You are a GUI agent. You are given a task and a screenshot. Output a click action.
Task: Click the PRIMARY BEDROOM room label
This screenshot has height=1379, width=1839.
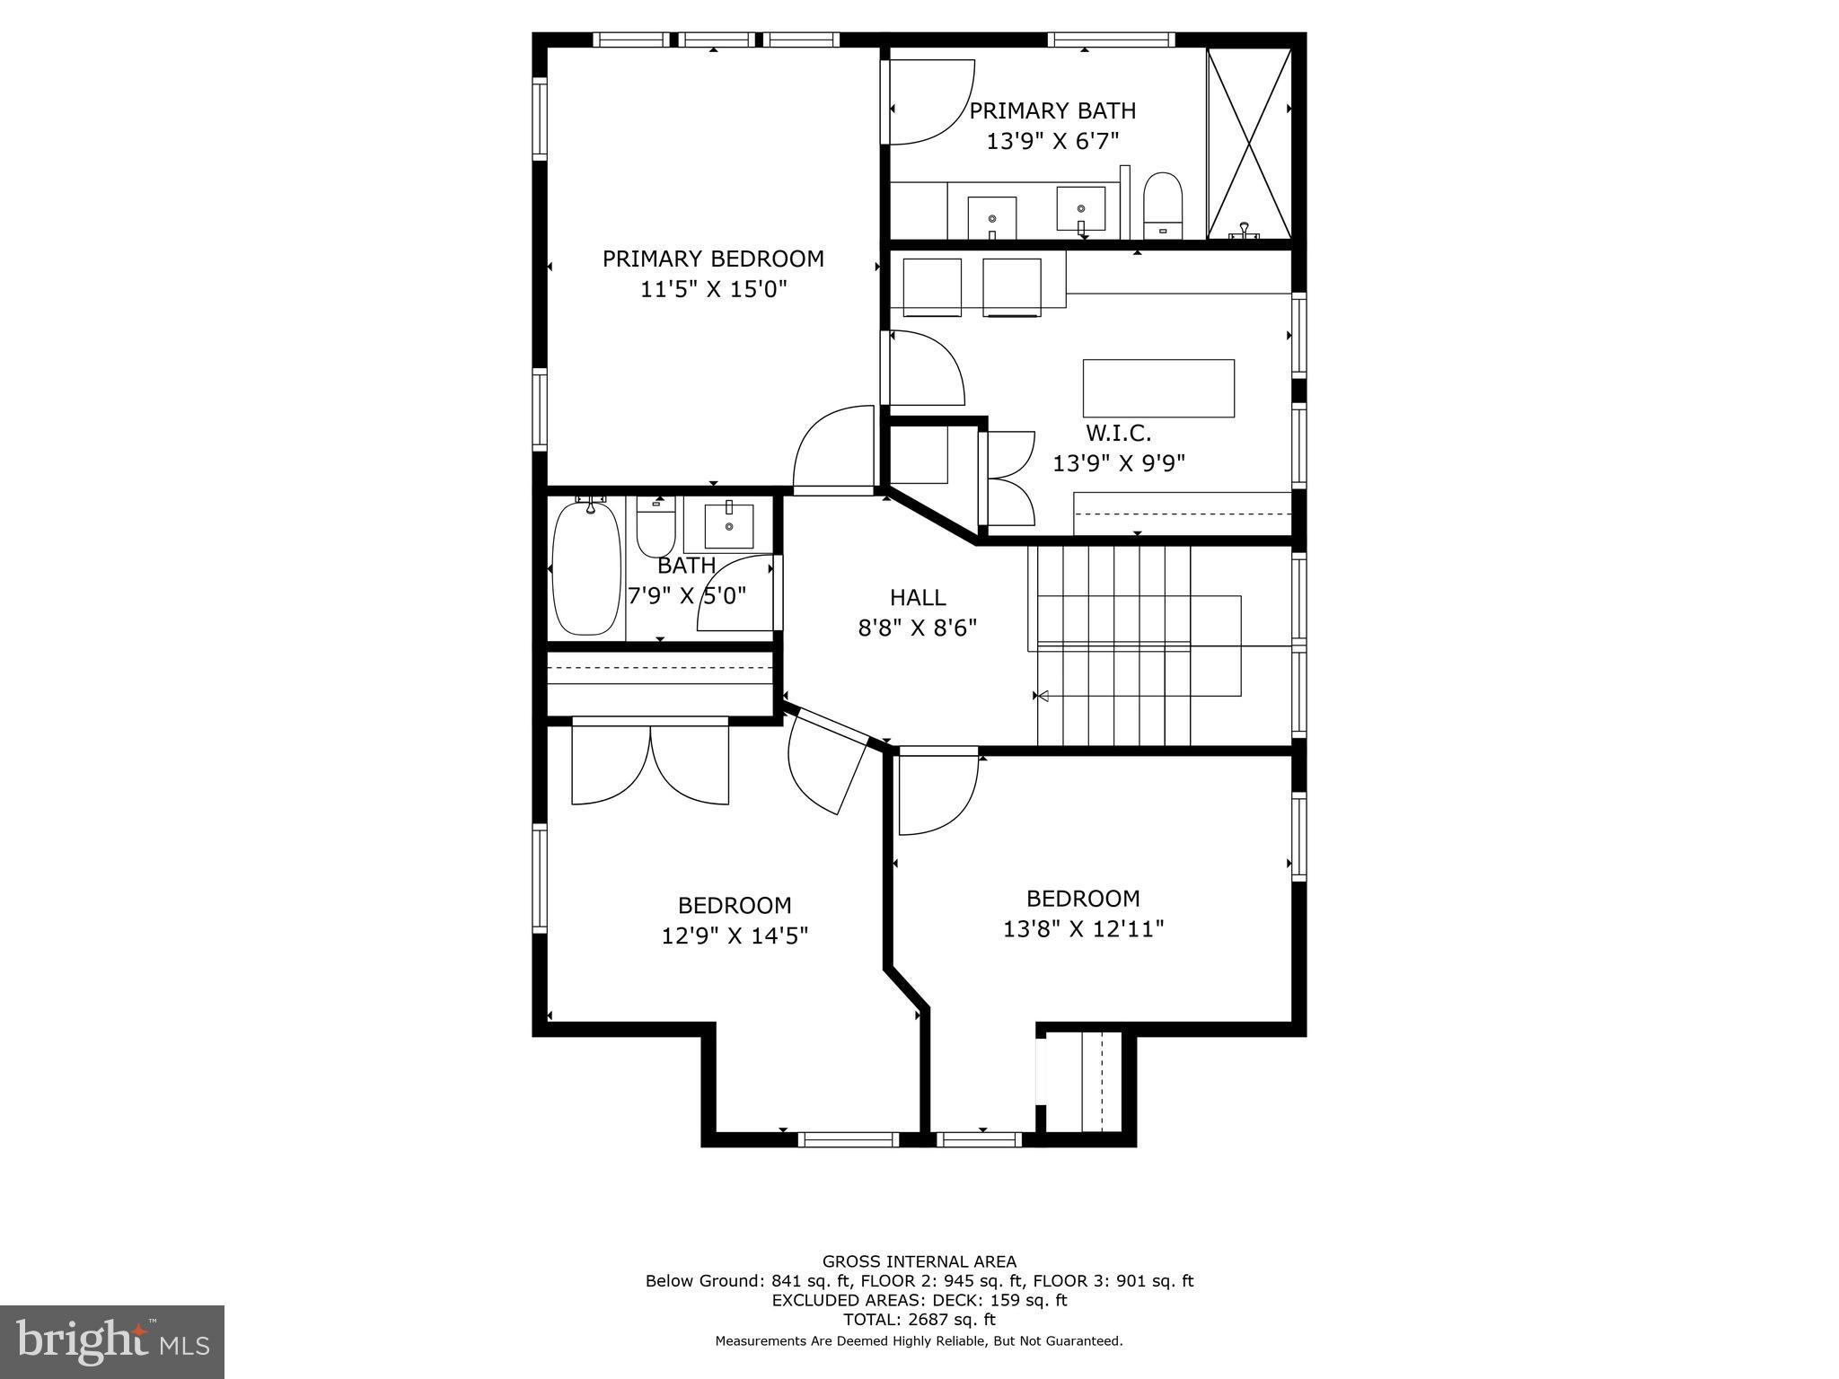[x=713, y=259]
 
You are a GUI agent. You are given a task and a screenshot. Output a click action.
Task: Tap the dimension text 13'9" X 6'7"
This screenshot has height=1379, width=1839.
[x=1052, y=141]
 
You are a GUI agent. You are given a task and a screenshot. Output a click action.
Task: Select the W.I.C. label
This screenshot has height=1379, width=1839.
[x=1118, y=433]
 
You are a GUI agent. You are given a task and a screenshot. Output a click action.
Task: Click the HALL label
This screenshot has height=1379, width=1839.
[x=918, y=597]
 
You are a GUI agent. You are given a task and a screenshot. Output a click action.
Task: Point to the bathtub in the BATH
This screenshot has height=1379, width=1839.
[x=586, y=568]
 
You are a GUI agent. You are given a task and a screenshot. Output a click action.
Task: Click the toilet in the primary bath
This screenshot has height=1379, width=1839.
[x=1163, y=204]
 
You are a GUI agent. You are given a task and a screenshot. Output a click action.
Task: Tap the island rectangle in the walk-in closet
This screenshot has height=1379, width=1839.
[x=1158, y=388]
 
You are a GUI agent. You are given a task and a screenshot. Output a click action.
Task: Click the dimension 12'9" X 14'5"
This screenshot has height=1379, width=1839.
[x=735, y=935]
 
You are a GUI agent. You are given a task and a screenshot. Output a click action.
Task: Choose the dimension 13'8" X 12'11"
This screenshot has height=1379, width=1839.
[x=1083, y=928]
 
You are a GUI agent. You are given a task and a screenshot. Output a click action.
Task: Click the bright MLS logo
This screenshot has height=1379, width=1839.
[x=111, y=1341]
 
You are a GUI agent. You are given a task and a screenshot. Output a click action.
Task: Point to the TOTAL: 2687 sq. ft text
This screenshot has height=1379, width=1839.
[x=919, y=1319]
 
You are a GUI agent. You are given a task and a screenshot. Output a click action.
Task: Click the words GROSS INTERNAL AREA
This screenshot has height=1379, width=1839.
[x=919, y=1260]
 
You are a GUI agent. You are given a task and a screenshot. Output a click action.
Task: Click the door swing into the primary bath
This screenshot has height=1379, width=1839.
[x=929, y=101]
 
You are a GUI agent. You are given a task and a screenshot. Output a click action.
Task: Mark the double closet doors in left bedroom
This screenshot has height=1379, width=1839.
[x=650, y=763]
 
